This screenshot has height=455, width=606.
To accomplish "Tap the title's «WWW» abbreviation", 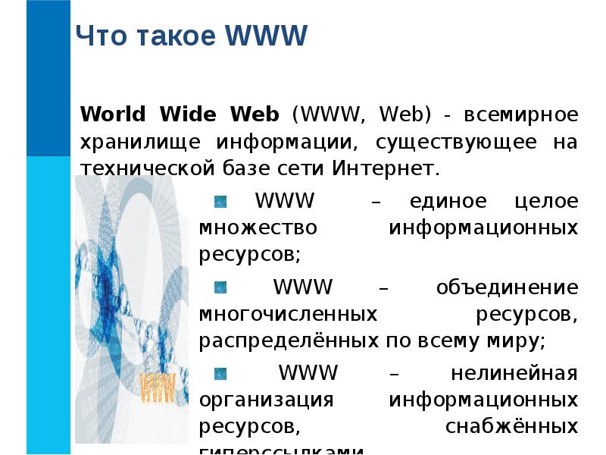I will click(x=267, y=36).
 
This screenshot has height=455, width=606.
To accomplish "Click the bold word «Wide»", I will click(x=186, y=115).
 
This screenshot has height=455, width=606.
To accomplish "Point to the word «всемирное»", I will click(x=522, y=115).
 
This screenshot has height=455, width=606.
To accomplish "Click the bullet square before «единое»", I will click(x=220, y=202).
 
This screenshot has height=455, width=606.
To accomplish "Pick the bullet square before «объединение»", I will click(x=220, y=287).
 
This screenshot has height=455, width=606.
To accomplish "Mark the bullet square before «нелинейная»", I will click(x=220, y=373).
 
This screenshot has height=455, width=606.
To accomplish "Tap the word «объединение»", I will click(x=507, y=288).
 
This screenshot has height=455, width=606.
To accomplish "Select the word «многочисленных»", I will click(x=289, y=314).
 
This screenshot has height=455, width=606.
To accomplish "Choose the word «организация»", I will click(x=266, y=400).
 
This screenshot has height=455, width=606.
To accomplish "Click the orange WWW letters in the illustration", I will click(x=158, y=386).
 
